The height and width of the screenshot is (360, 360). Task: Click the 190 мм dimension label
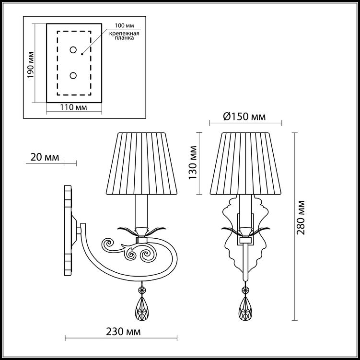[31, 65]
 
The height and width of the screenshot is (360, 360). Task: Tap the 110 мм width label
[74, 107]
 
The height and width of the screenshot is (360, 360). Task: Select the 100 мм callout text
[125, 25]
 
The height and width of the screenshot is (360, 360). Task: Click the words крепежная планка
[124, 35]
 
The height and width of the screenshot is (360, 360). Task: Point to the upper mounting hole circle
[73, 50]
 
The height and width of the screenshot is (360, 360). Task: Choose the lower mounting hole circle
[73, 76]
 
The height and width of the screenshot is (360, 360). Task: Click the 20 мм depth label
[45, 157]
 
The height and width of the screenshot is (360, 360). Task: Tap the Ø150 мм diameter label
[244, 117]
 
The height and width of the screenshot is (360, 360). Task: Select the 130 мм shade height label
[193, 163]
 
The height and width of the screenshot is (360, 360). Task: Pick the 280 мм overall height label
[301, 218]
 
